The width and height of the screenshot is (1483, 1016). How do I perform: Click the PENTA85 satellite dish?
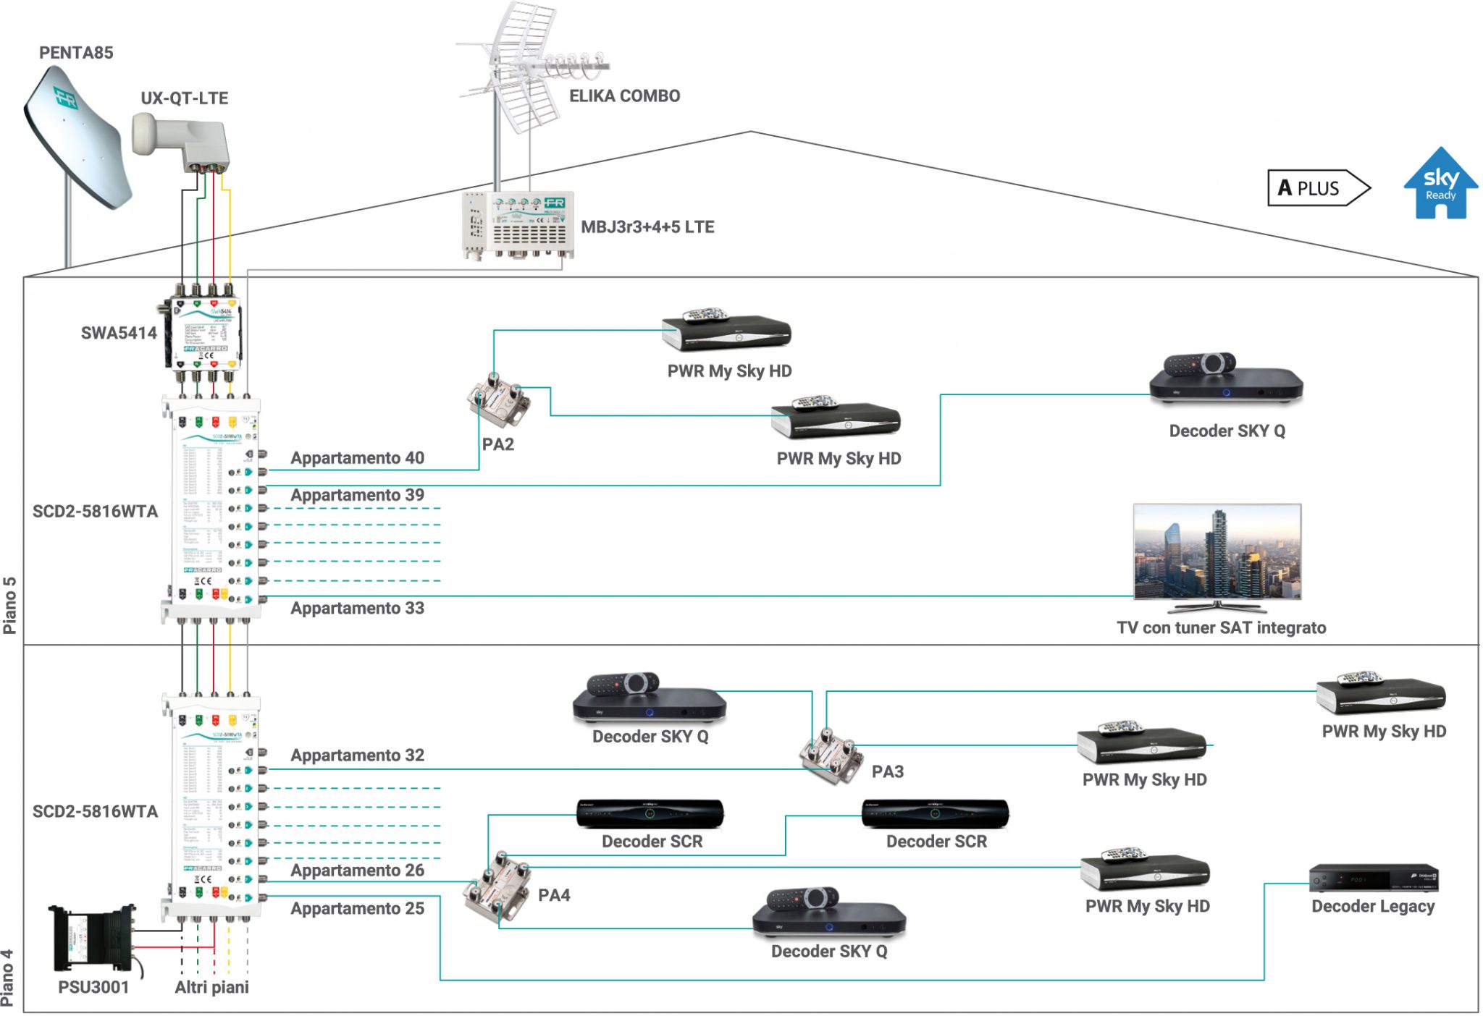[x=76, y=137]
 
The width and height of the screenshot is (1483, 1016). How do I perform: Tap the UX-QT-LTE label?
[x=184, y=98]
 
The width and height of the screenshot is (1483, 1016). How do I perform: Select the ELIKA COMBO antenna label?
[x=624, y=96]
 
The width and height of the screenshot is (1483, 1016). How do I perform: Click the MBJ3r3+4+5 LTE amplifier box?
[x=518, y=224]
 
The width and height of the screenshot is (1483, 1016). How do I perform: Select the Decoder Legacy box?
[x=1373, y=879]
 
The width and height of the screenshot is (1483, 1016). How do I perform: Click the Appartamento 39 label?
[x=357, y=496]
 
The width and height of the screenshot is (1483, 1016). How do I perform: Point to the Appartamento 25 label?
[x=357, y=909]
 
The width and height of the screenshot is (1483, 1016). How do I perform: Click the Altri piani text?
[x=211, y=988]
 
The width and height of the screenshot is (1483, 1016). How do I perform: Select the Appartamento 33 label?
[x=357, y=609]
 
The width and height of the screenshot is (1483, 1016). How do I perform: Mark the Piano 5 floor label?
[x=9, y=605]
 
